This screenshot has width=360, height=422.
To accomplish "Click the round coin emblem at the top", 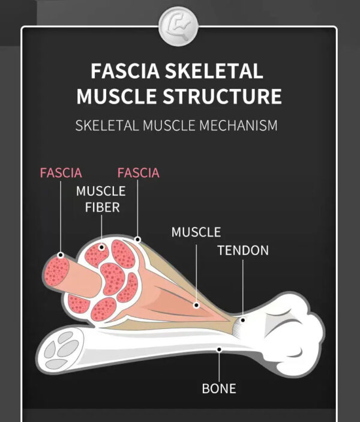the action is [178, 26].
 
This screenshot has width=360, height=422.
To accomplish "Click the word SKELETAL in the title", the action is [214, 71].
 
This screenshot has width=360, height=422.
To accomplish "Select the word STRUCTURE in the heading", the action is [222, 96].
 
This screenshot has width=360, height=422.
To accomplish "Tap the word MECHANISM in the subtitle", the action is [238, 125].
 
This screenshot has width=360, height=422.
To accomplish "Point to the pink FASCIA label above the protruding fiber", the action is [61, 173].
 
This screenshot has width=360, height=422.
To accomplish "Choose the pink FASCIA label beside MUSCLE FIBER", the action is [138, 173].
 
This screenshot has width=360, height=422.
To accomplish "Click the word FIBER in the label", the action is [102, 208].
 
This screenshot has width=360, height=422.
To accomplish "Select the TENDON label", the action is [243, 250].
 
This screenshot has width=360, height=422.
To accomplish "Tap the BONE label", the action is [219, 388].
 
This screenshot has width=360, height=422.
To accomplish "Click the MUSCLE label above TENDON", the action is [196, 232].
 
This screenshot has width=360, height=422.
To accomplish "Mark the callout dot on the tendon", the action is [242, 321].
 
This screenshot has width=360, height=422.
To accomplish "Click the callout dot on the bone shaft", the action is [219, 349].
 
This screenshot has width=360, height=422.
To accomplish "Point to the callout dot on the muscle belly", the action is [196, 305].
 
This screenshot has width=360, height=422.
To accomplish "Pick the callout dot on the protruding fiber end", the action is [61, 255].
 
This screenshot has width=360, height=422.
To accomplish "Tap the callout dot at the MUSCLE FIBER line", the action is [101, 247].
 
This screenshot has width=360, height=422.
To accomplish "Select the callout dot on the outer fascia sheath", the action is [138, 240].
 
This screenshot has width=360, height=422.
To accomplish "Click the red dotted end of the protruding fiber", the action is [56, 271].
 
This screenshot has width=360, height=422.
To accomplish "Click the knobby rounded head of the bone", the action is [290, 334].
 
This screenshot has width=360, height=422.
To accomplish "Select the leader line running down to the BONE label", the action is [219, 367].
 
